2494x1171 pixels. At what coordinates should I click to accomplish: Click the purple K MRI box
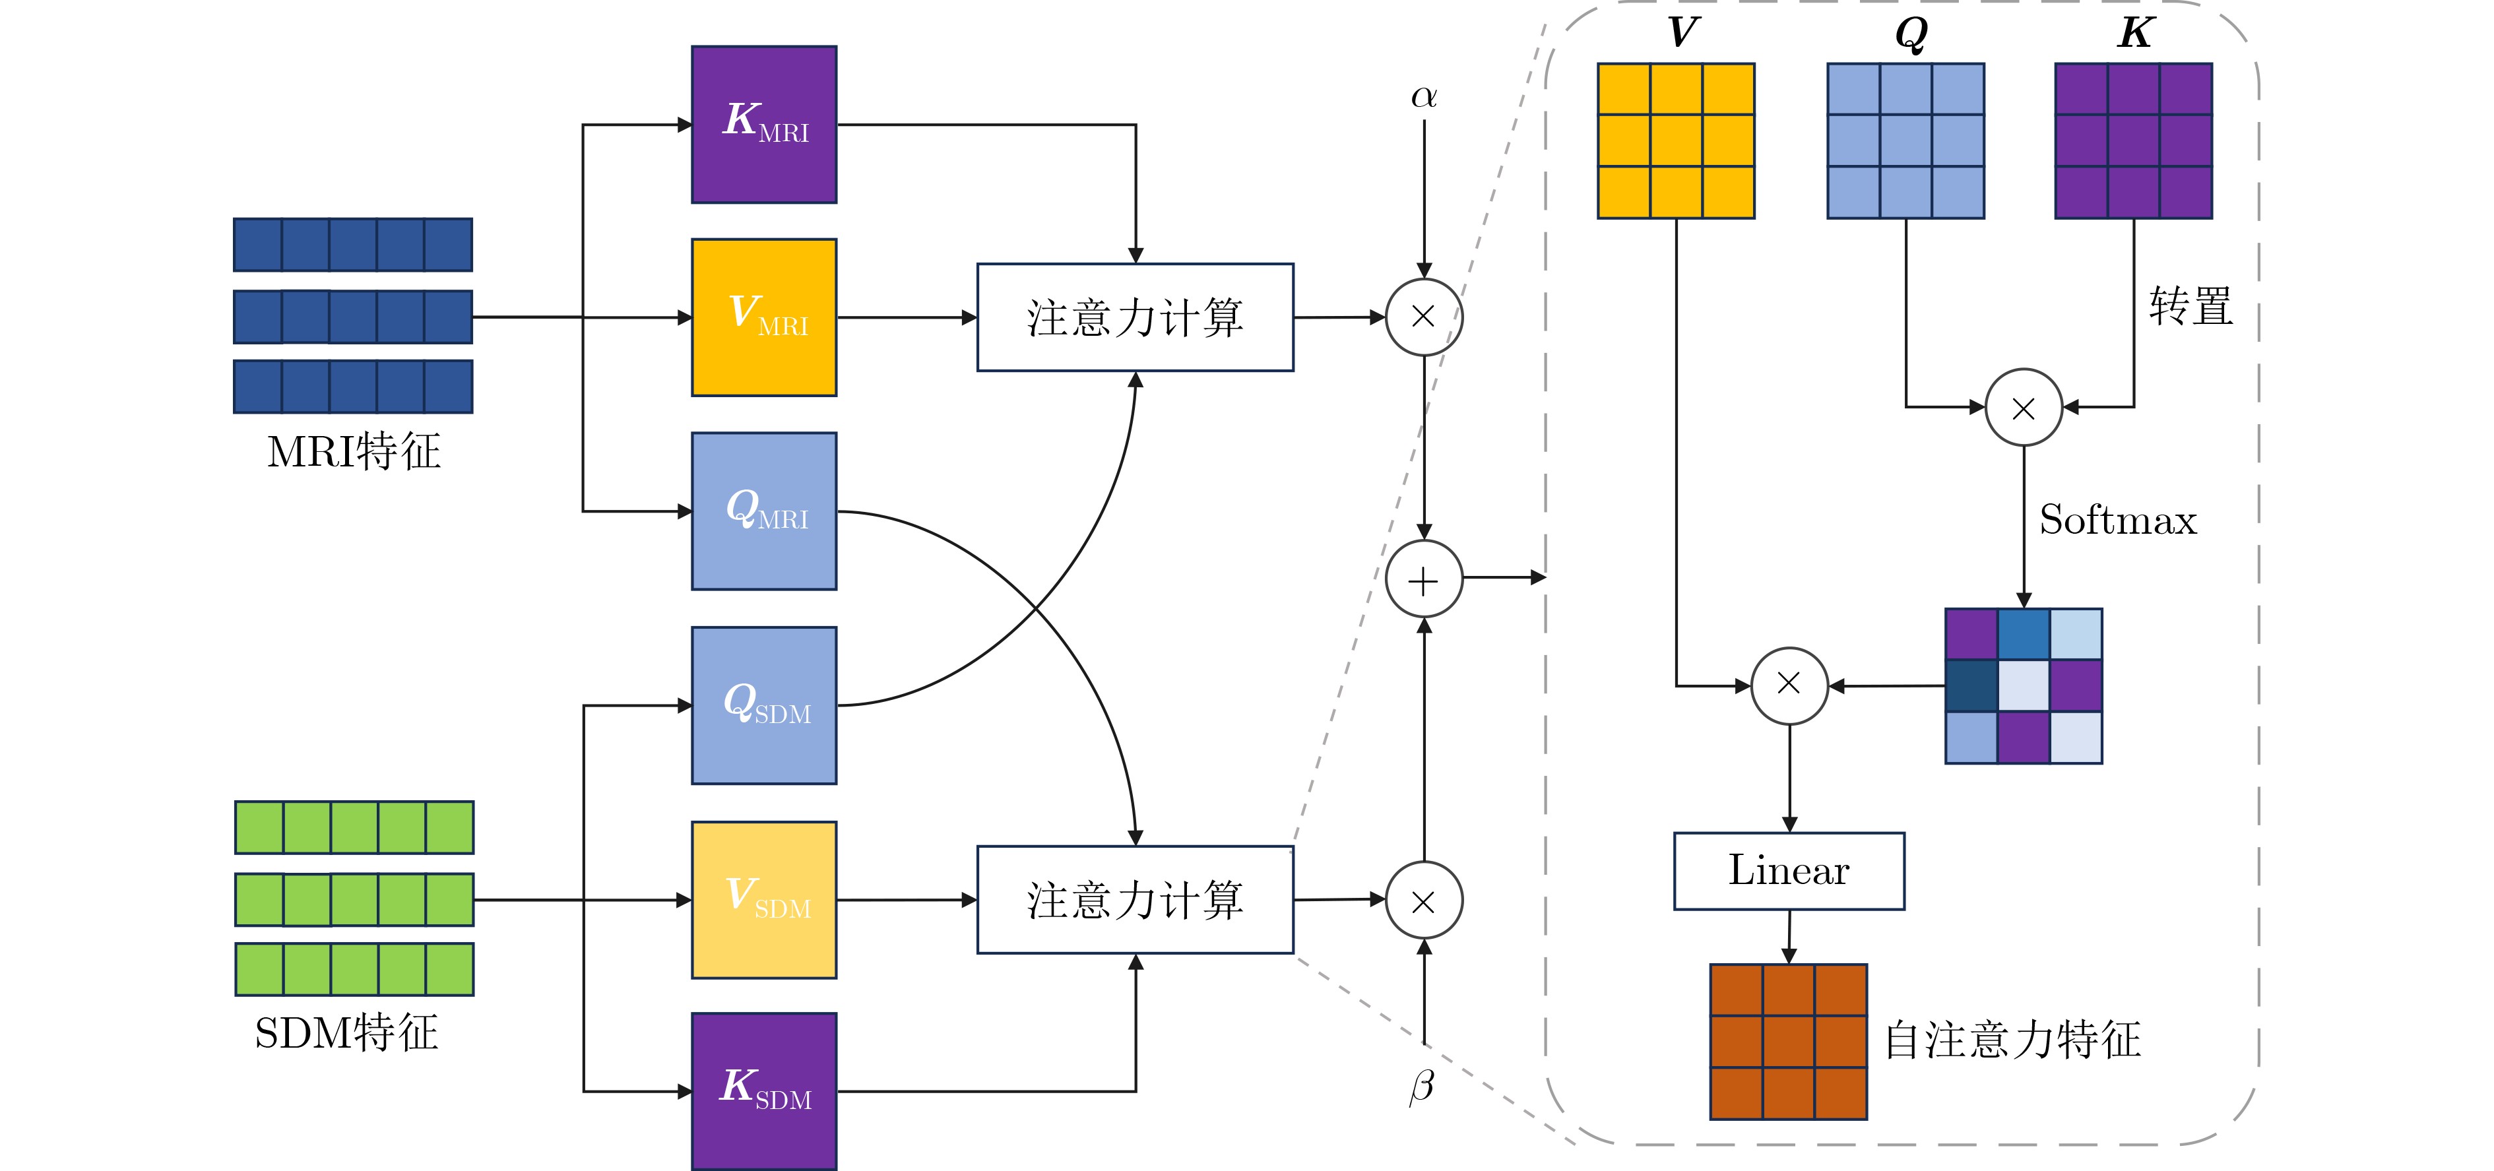coord(764,125)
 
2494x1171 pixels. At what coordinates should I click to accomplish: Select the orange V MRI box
coord(764,317)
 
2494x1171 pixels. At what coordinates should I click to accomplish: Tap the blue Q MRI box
coord(764,511)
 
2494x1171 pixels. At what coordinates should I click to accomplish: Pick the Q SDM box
coord(764,705)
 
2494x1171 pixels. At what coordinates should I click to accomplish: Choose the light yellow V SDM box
coord(764,900)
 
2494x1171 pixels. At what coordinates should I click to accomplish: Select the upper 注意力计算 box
coord(1135,317)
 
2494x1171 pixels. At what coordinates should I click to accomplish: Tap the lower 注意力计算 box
coord(1135,900)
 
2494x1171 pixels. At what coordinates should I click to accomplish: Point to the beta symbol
coord(1421,1086)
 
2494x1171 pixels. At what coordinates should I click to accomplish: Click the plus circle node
coord(1423,580)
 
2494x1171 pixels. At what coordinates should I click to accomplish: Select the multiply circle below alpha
coord(1423,317)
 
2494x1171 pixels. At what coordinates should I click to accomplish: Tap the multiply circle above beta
coord(1423,901)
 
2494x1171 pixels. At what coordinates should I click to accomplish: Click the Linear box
coord(1788,871)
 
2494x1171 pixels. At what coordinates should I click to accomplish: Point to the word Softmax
coord(2117,521)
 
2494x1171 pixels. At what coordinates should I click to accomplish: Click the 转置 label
coord(2190,307)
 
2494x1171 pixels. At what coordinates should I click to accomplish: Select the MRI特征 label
coord(354,452)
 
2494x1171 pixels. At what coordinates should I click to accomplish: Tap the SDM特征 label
coord(346,1032)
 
